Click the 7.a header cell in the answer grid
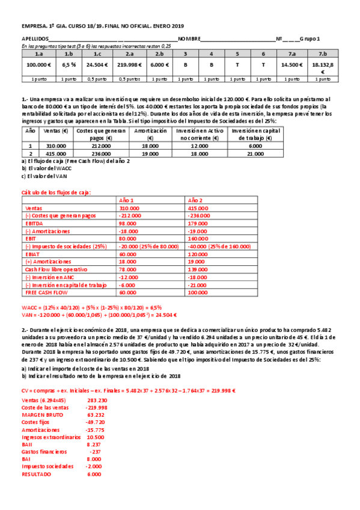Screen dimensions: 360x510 (291, 53)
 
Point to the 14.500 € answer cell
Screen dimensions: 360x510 (291, 64)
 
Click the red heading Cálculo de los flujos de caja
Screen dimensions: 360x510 (56, 191)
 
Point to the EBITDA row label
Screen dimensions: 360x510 (34, 221)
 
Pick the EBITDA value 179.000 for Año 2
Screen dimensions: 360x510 (199, 221)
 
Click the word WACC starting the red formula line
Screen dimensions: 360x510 (30, 307)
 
